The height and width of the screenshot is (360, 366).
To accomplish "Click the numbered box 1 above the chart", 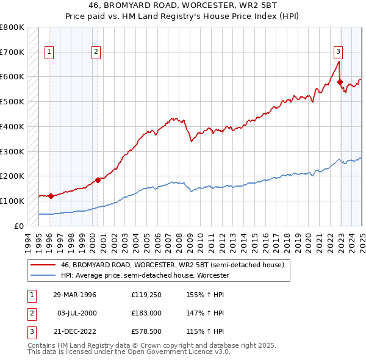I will pyautogui.click(x=48, y=52).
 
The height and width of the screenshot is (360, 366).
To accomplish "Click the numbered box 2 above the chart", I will pyautogui.click(x=96, y=52).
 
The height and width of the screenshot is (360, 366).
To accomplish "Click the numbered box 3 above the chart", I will pyautogui.click(x=338, y=52).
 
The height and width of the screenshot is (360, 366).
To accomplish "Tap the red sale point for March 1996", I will pyautogui.click(x=51, y=196).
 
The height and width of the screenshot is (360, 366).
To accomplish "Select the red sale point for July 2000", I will pyautogui.click(x=98, y=180).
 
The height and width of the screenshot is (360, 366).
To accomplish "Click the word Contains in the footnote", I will pyautogui.click(x=41, y=345).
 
